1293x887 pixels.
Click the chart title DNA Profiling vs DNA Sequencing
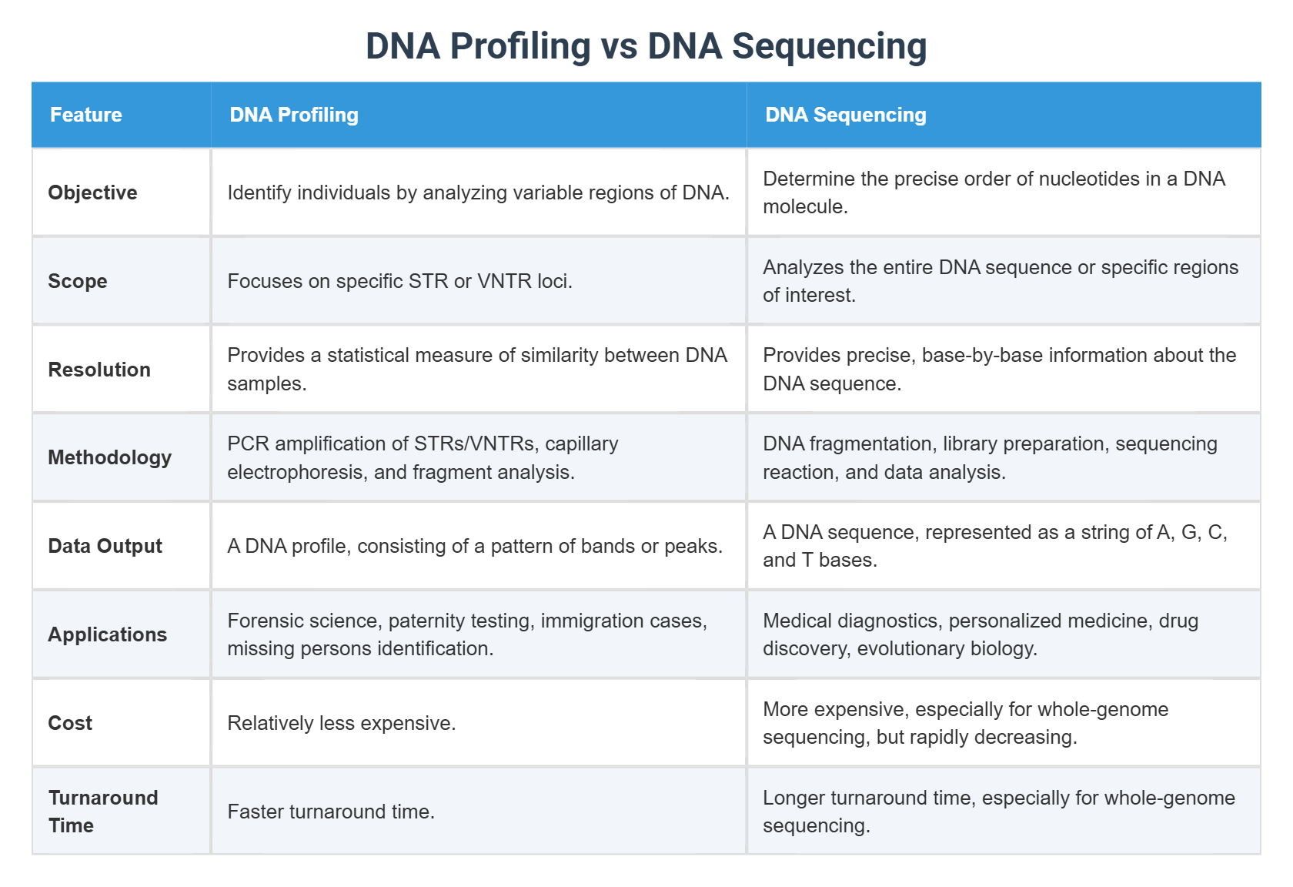coord(646,46)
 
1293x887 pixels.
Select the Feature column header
coord(86,115)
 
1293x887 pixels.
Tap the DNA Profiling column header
coord(294,115)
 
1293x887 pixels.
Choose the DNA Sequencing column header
coord(845,115)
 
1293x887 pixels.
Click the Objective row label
coord(92,192)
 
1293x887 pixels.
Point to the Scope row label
coord(78,281)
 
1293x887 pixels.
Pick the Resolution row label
coord(99,370)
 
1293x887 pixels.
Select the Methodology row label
coord(109,457)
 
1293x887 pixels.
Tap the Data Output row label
coord(105,546)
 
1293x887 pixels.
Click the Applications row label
coord(107,634)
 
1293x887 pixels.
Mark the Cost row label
coord(70,723)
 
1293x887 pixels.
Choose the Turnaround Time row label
coord(102,812)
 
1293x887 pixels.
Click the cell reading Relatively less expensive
coord(342,723)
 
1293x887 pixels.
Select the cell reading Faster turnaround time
coord(331,812)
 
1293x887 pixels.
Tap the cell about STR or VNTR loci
coord(399,281)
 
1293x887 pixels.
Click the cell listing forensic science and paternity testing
coord(466,634)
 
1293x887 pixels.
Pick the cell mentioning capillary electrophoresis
coord(423,457)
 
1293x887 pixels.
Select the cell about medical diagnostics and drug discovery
coord(980,634)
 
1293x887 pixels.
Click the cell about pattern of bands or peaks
coord(475,546)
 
